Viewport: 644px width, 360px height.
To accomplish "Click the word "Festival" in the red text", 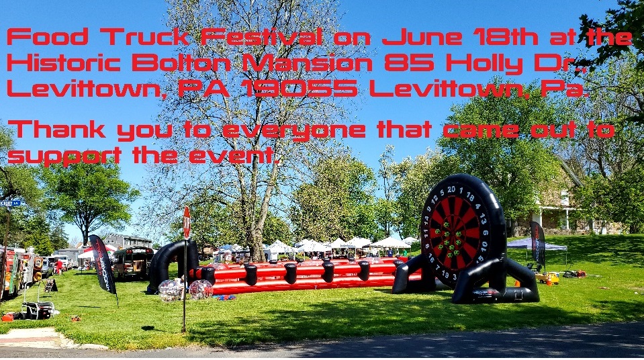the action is point(261,37).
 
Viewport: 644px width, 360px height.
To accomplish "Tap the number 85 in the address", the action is point(408,63).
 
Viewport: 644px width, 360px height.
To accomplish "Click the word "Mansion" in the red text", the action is point(308,63).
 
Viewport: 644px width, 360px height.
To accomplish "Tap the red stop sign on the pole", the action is point(187,222).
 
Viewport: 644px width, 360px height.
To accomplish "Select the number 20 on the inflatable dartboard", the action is point(451,189).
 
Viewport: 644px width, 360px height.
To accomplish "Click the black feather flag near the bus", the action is point(103,265).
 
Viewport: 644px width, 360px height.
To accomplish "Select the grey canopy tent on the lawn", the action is point(537,245).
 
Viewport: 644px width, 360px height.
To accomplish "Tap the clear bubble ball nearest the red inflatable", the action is point(201,289).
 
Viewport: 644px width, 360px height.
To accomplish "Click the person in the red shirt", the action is point(60,267).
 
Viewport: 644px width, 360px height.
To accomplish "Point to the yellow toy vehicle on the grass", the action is point(547,278).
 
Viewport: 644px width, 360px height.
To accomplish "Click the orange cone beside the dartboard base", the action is point(517,283).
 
